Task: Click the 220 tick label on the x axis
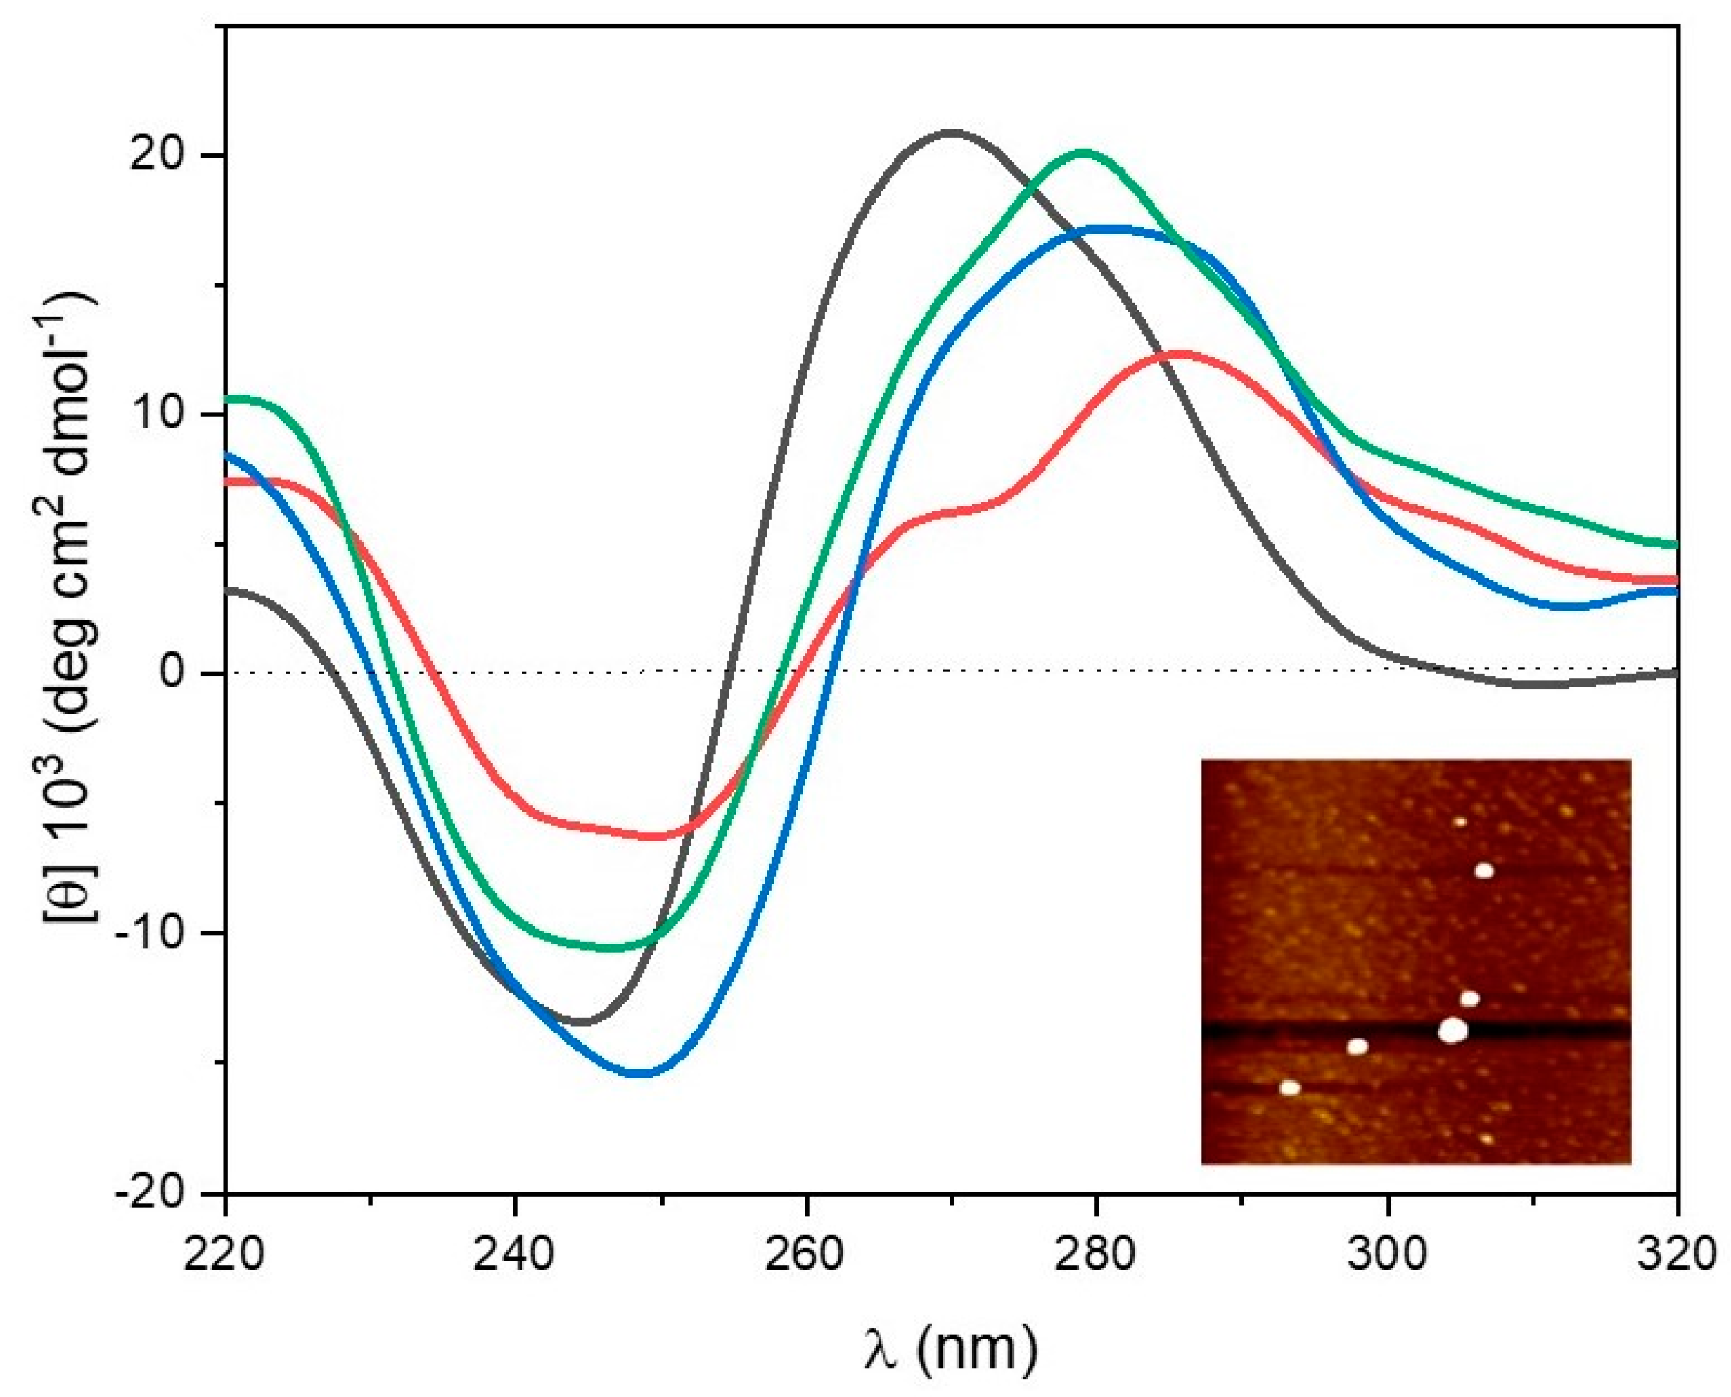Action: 224,1256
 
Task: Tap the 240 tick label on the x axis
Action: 514,1256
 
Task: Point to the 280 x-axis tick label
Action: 1096,1256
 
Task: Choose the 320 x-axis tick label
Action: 1676,1256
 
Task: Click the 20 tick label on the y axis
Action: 163,155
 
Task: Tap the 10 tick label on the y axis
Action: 163,414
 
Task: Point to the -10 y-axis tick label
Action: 155,933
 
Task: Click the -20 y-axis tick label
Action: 155,1192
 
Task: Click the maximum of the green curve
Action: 1084,152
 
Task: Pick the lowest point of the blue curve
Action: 641,1073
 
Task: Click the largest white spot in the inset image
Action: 1452,1030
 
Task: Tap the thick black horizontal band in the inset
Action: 1328,1030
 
